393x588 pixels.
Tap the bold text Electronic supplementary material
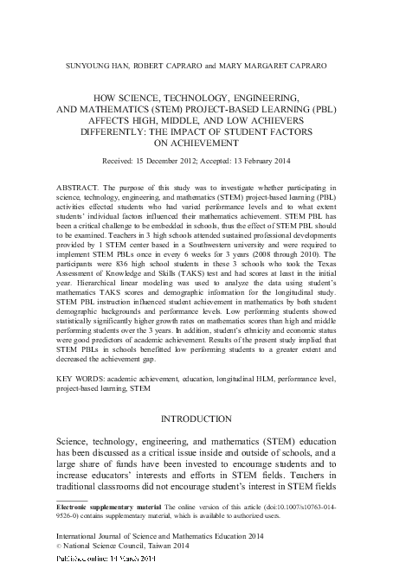pos(102,508)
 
